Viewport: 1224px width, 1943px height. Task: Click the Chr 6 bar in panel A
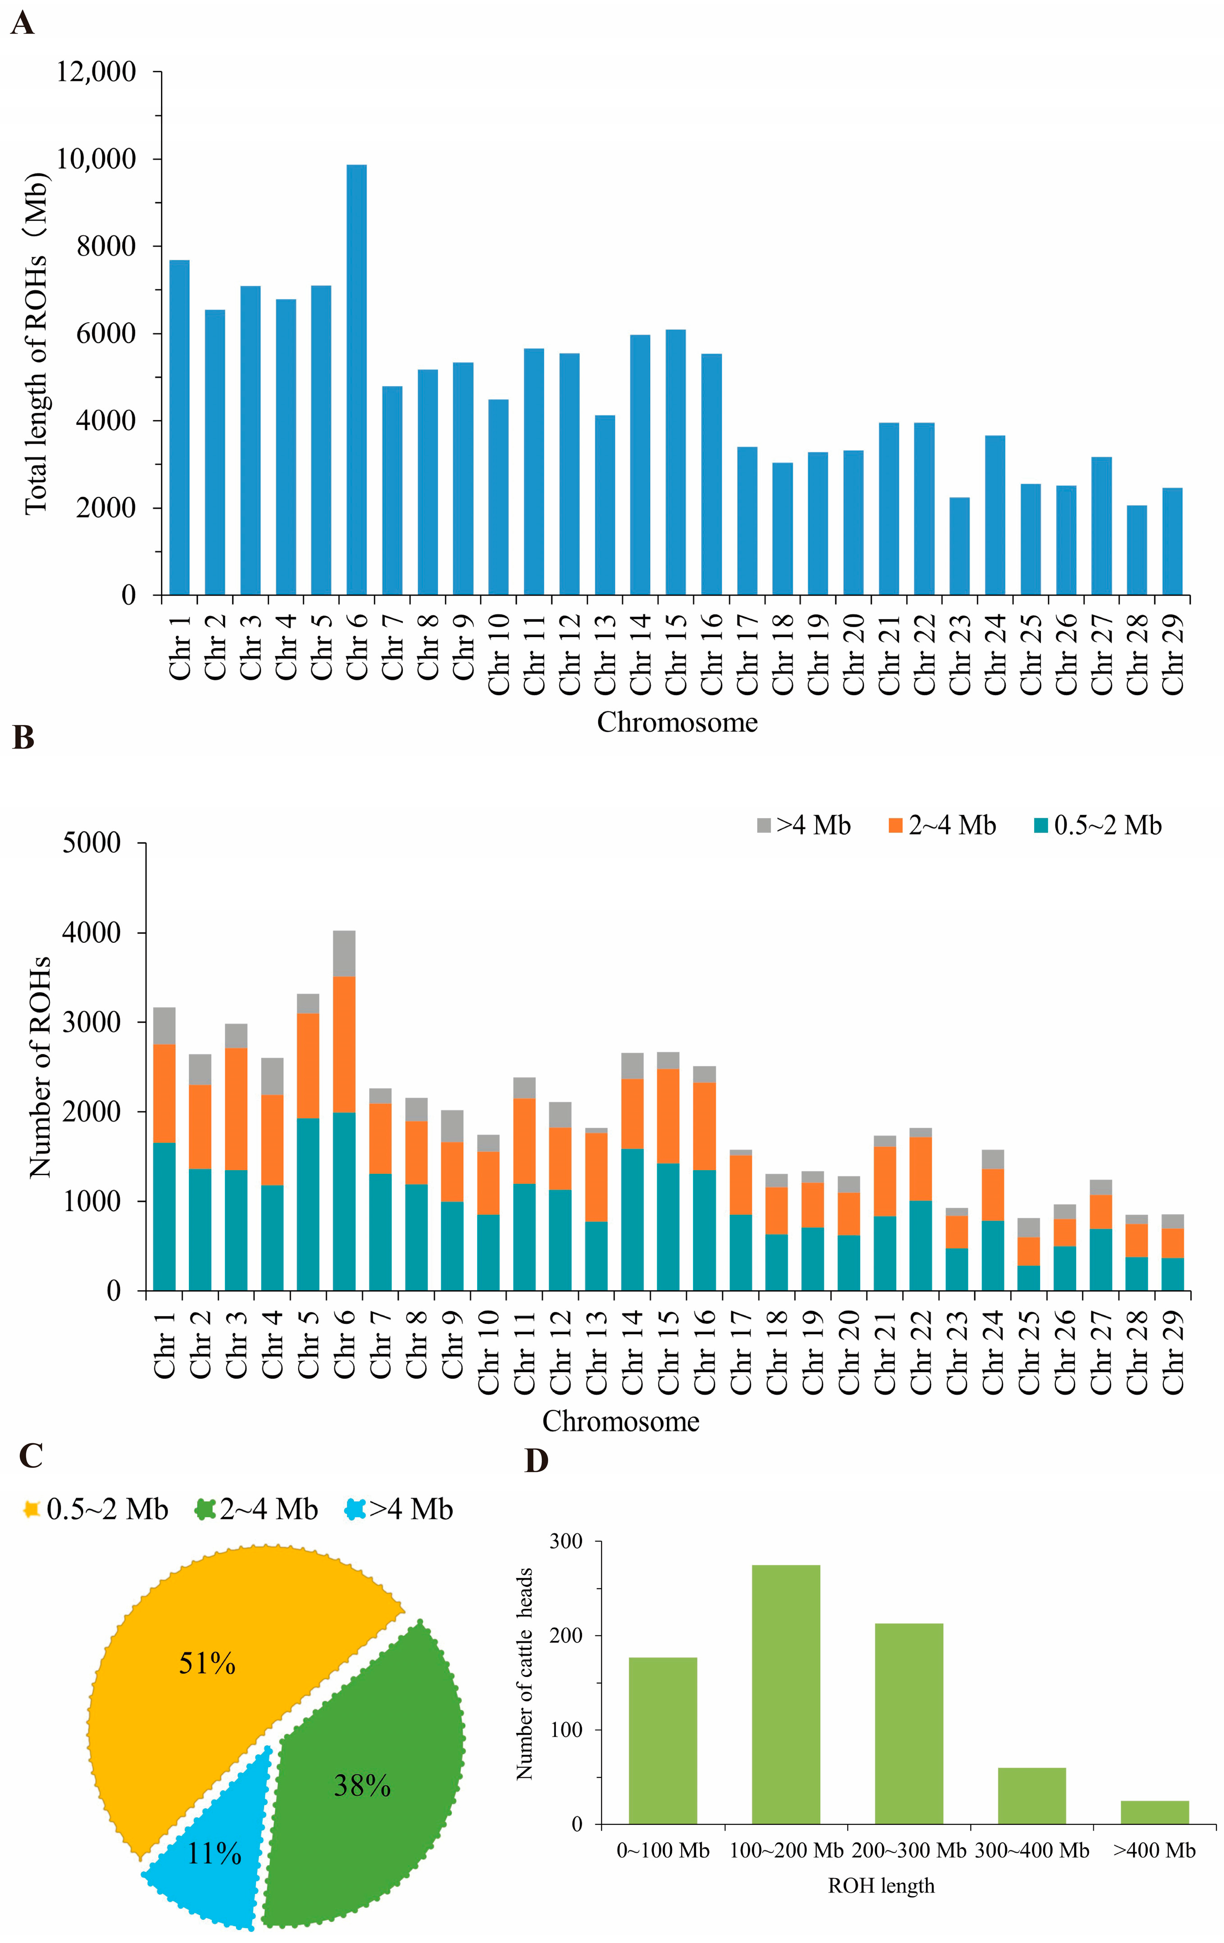pyautogui.click(x=357, y=380)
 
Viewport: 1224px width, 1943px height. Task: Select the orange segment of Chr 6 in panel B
pyautogui.click(x=344, y=1044)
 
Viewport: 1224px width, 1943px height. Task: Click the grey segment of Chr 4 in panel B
pyautogui.click(x=272, y=1076)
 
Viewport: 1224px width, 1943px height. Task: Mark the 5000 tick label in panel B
pyautogui.click(x=91, y=843)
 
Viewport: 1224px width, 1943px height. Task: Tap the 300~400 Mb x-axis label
pyautogui.click(x=1032, y=1851)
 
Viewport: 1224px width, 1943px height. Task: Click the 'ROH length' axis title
pyautogui.click(x=881, y=1886)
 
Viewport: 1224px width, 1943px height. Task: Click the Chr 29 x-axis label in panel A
pyautogui.click(x=1172, y=654)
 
